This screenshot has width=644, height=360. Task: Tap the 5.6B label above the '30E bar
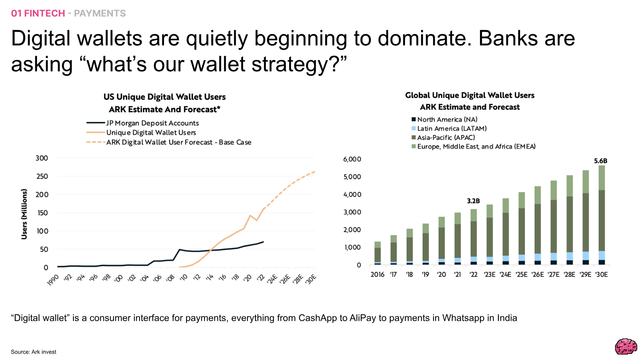pos(601,161)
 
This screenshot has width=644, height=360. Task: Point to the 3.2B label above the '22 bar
pos(473,201)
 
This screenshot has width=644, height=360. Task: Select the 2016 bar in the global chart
pos(377,253)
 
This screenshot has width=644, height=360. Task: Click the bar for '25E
pos(522,229)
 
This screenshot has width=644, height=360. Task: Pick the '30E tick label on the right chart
pos(601,275)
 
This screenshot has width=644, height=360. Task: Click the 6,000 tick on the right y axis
pos(352,159)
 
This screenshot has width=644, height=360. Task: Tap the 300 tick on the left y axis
pos(42,158)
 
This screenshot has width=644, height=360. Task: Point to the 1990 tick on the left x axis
pos(53,280)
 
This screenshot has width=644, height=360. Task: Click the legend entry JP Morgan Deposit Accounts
pos(143,123)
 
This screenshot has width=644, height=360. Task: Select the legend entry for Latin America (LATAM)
pos(449,128)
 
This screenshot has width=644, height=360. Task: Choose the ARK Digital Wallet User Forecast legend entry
pos(169,142)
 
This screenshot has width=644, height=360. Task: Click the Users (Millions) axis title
pos(24,214)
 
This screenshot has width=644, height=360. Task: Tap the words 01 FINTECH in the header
pos(38,13)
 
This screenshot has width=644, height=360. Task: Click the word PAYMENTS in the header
pos(100,13)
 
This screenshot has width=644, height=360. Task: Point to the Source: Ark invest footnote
pos(34,352)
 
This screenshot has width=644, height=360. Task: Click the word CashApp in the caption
pos(318,318)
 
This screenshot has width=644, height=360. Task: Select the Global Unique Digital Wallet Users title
pos(470,95)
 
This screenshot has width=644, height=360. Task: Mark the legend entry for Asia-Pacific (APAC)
pos(444,138)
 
